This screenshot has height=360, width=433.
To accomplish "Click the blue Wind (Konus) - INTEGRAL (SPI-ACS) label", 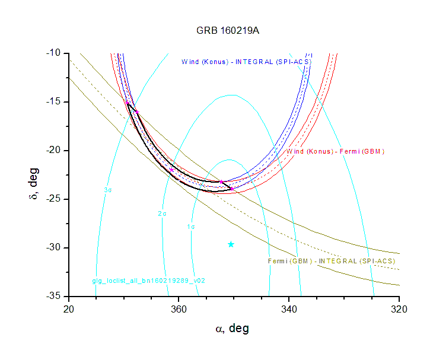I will [246, 61].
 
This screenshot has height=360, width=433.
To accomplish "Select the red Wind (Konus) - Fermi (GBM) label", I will [335, 151].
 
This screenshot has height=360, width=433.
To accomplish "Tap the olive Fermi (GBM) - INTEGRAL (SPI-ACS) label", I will [332, 261].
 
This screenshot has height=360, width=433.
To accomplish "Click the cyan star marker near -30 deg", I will [231, 244].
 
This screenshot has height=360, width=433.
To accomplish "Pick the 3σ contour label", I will [108, 190].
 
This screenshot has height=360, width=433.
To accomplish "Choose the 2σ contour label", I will [162, 213].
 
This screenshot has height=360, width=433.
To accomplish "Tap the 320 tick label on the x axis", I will [399, 309].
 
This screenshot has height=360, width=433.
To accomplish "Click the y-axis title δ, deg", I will [34, 175].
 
